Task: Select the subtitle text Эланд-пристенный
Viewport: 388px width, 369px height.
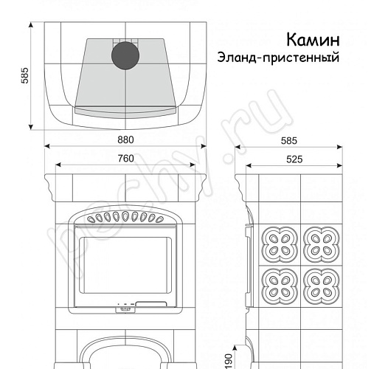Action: (x=278, y=58)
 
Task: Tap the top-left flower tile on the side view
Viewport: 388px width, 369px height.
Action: (x=279, y=240)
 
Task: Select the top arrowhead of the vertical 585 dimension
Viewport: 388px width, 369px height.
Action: (x=32, y=25)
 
